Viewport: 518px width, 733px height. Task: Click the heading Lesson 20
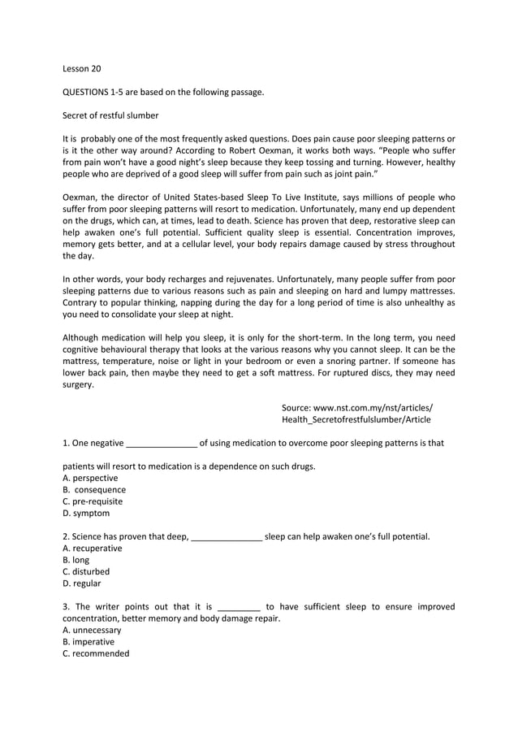pos(81,69)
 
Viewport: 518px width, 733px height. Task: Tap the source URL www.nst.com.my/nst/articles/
pos(356,408)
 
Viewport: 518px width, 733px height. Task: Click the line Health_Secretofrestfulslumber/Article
pos(356,419)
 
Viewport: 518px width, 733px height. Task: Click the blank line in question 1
pos(162,444)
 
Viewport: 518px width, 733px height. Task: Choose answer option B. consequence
pos(94,490)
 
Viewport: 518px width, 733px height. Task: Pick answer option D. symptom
pos(85,513)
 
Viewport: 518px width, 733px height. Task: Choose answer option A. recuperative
pos(93,549)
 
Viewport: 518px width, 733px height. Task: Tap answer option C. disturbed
pos(86,571)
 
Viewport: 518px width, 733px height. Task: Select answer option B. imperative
pos(88,641)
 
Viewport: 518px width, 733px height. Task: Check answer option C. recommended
pos(96,653)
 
